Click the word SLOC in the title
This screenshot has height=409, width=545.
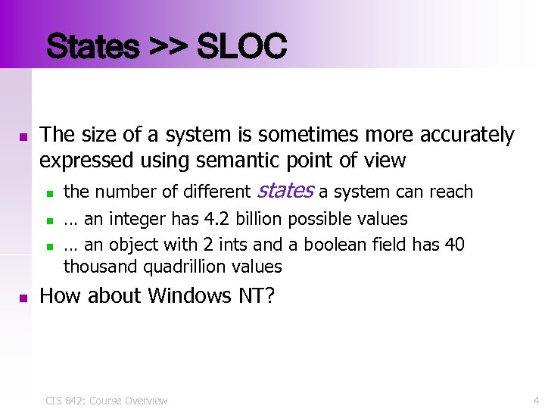(x=241, y=47)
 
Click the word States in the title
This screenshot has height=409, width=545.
(x=93, y=47)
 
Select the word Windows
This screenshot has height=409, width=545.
(x=185, y=296)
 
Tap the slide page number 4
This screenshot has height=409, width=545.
(x=536, y=400)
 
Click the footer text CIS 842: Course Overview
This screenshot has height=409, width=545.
(x=106, y=400)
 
